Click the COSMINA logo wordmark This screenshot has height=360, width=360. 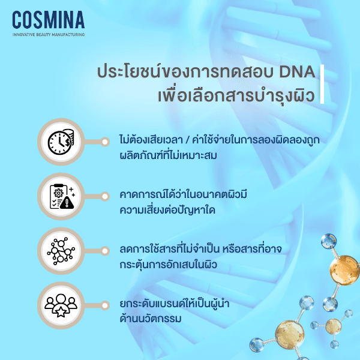coord(48,19)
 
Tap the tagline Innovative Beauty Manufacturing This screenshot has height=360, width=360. coord(48,34)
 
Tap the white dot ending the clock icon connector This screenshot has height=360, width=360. coord(106,142)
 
